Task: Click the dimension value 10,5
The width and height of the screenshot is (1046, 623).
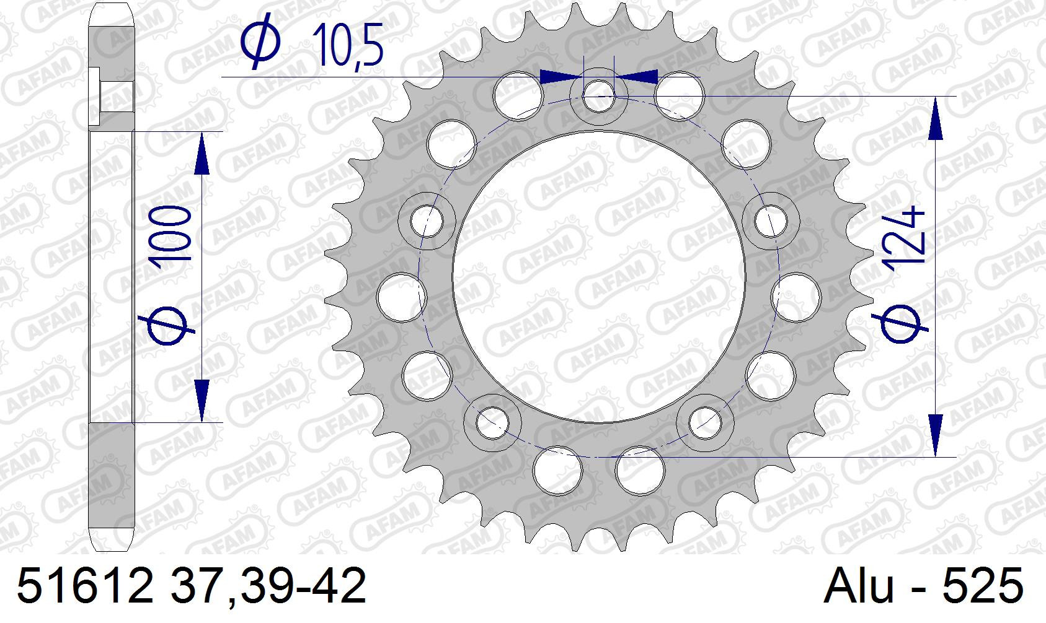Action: tap(347, 44)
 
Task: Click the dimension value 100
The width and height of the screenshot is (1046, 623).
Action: tap(173, 238)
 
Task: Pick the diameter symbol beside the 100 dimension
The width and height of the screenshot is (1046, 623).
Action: tap(167, 326)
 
